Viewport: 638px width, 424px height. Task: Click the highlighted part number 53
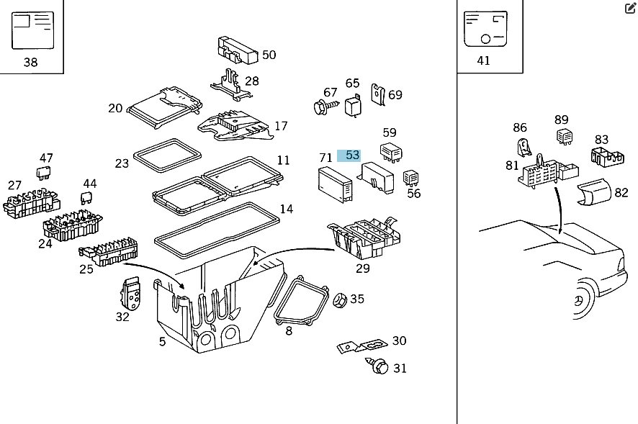click(351, 155)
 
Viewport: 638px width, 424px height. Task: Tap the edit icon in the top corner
click(630, 9)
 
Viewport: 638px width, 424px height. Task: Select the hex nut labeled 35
click(340, 299)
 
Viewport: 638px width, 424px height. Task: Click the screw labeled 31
click(379, 366)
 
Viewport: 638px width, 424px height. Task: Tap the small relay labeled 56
click(412, 178)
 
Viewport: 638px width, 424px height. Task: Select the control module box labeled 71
click(333, 182)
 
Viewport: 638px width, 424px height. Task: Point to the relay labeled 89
click(562, 136)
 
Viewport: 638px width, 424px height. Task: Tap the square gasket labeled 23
click(166, 155)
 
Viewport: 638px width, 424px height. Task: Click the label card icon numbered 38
click(32, 30)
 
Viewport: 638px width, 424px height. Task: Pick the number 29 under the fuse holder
click(363, 269)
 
